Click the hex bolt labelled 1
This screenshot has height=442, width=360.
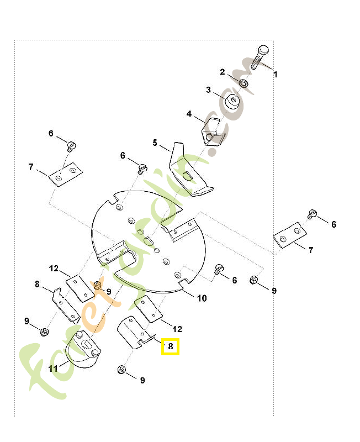pos(259,57)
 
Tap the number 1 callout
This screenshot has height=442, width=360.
pos(276,75)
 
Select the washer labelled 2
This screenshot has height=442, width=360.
pos(243,83)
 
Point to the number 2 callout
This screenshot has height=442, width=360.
pos(223,72)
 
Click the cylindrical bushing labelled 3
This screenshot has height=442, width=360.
pos(232,102)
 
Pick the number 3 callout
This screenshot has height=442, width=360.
pos(208,90)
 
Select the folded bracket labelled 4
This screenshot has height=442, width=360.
pos(214,132)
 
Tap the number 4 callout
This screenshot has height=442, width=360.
pos(189,114)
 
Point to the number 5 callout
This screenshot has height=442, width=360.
pos(155,143)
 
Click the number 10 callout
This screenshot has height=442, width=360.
pos(202,298)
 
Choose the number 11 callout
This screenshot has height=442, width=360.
pos(52,368)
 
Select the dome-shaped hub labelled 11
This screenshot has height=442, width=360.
pos(83,349)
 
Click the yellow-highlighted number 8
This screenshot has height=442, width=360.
pos(171,346)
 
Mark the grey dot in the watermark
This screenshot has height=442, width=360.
pos(212,151)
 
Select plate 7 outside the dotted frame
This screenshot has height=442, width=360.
pos(290,235)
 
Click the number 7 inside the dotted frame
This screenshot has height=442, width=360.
pos(31,167)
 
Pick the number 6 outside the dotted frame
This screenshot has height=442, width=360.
pos(334,224)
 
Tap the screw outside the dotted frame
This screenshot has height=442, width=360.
pos(313,214)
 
